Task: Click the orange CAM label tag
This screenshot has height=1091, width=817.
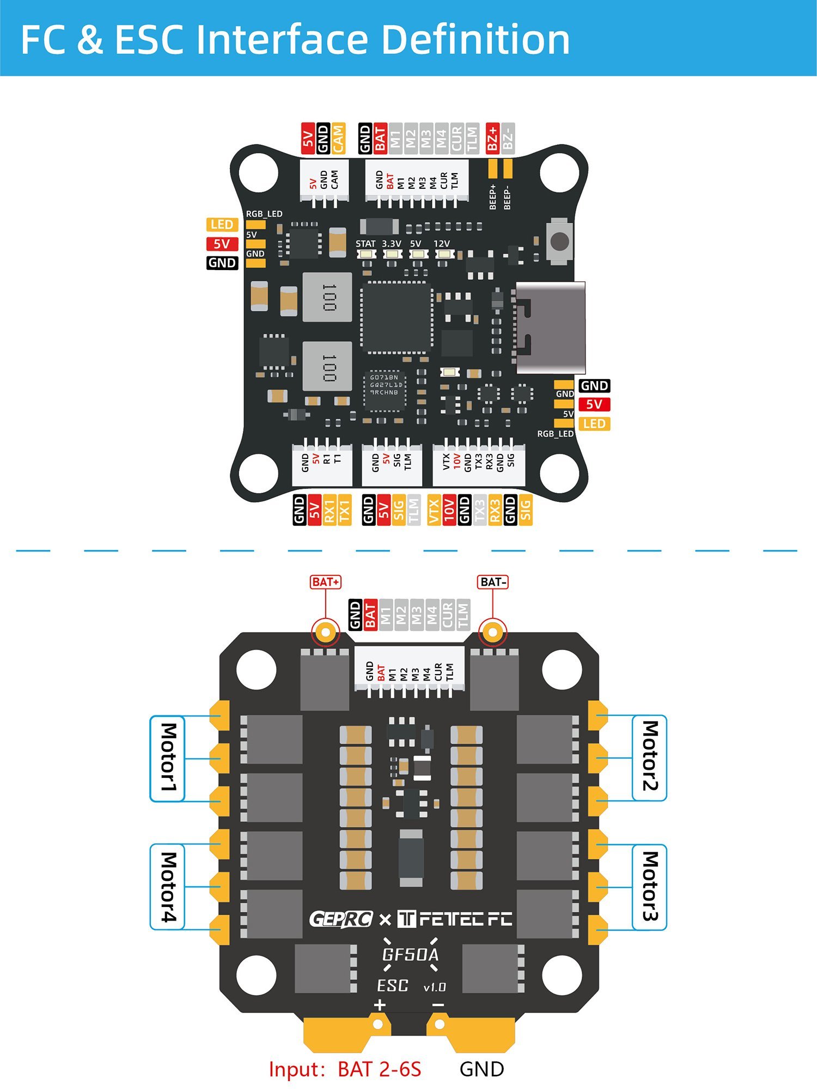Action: coord(338,138)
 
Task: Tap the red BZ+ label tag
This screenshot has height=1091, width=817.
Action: coord(492,138)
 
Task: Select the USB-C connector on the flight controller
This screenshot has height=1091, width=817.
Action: coord(550,328)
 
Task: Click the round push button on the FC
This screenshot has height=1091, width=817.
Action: coord(560,241)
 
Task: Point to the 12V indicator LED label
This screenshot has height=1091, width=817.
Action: coord(442,244)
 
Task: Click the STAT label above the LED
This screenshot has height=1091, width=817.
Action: coord(365,244)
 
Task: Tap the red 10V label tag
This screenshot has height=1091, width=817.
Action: coord(449,510)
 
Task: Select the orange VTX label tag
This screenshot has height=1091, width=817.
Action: coord(434,510)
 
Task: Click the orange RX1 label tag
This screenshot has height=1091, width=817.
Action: coord(329,510)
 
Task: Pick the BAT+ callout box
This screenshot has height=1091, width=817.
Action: coord(325,582)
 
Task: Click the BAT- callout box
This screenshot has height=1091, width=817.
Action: coord(493,582)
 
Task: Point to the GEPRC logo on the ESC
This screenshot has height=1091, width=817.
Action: coord(341,920)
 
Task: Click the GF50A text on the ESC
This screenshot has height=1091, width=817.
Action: coord(410,954)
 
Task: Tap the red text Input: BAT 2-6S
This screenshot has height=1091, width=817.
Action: coord(345,1069)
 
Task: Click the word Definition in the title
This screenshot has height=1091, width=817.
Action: coord(475,39)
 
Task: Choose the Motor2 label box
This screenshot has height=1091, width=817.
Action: coord(650,757)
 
